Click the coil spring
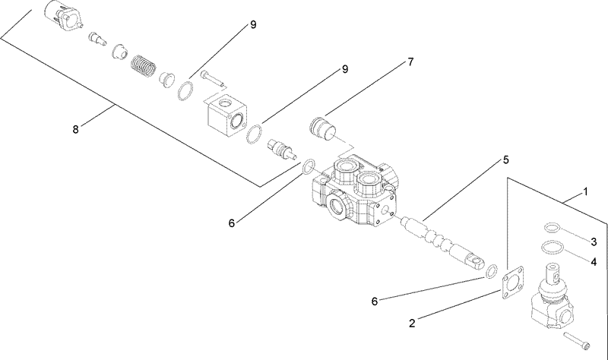(x=142, y=68)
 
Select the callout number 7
(x=410, y=62)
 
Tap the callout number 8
(x=75, y=129)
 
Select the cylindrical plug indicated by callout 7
(x=326, y=127)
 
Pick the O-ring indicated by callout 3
(x=553, y=227)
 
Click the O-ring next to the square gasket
(x=492, y=271)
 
